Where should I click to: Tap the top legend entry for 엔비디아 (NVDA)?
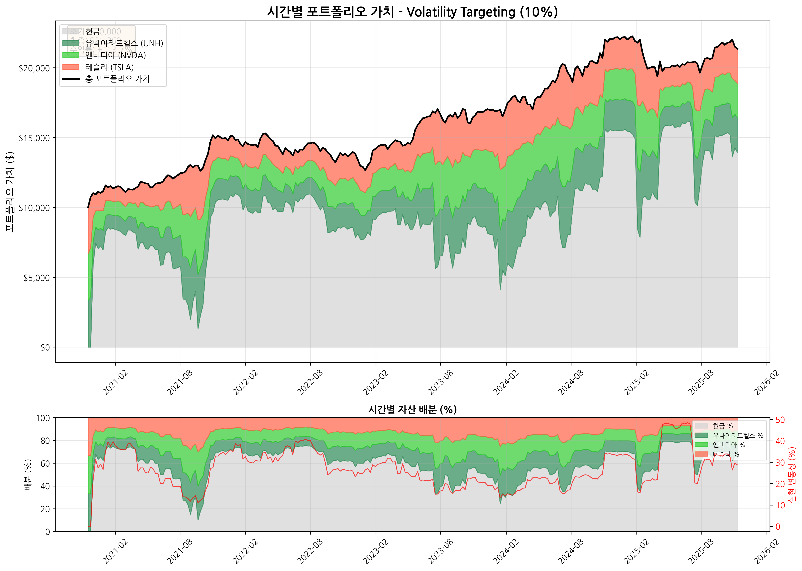(x=115, y=55)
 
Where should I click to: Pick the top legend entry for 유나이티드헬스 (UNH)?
(x=124, y=43)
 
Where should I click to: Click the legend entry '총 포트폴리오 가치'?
(x=117, y=79)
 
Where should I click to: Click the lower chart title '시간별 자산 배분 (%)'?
(x=412, y=410)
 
